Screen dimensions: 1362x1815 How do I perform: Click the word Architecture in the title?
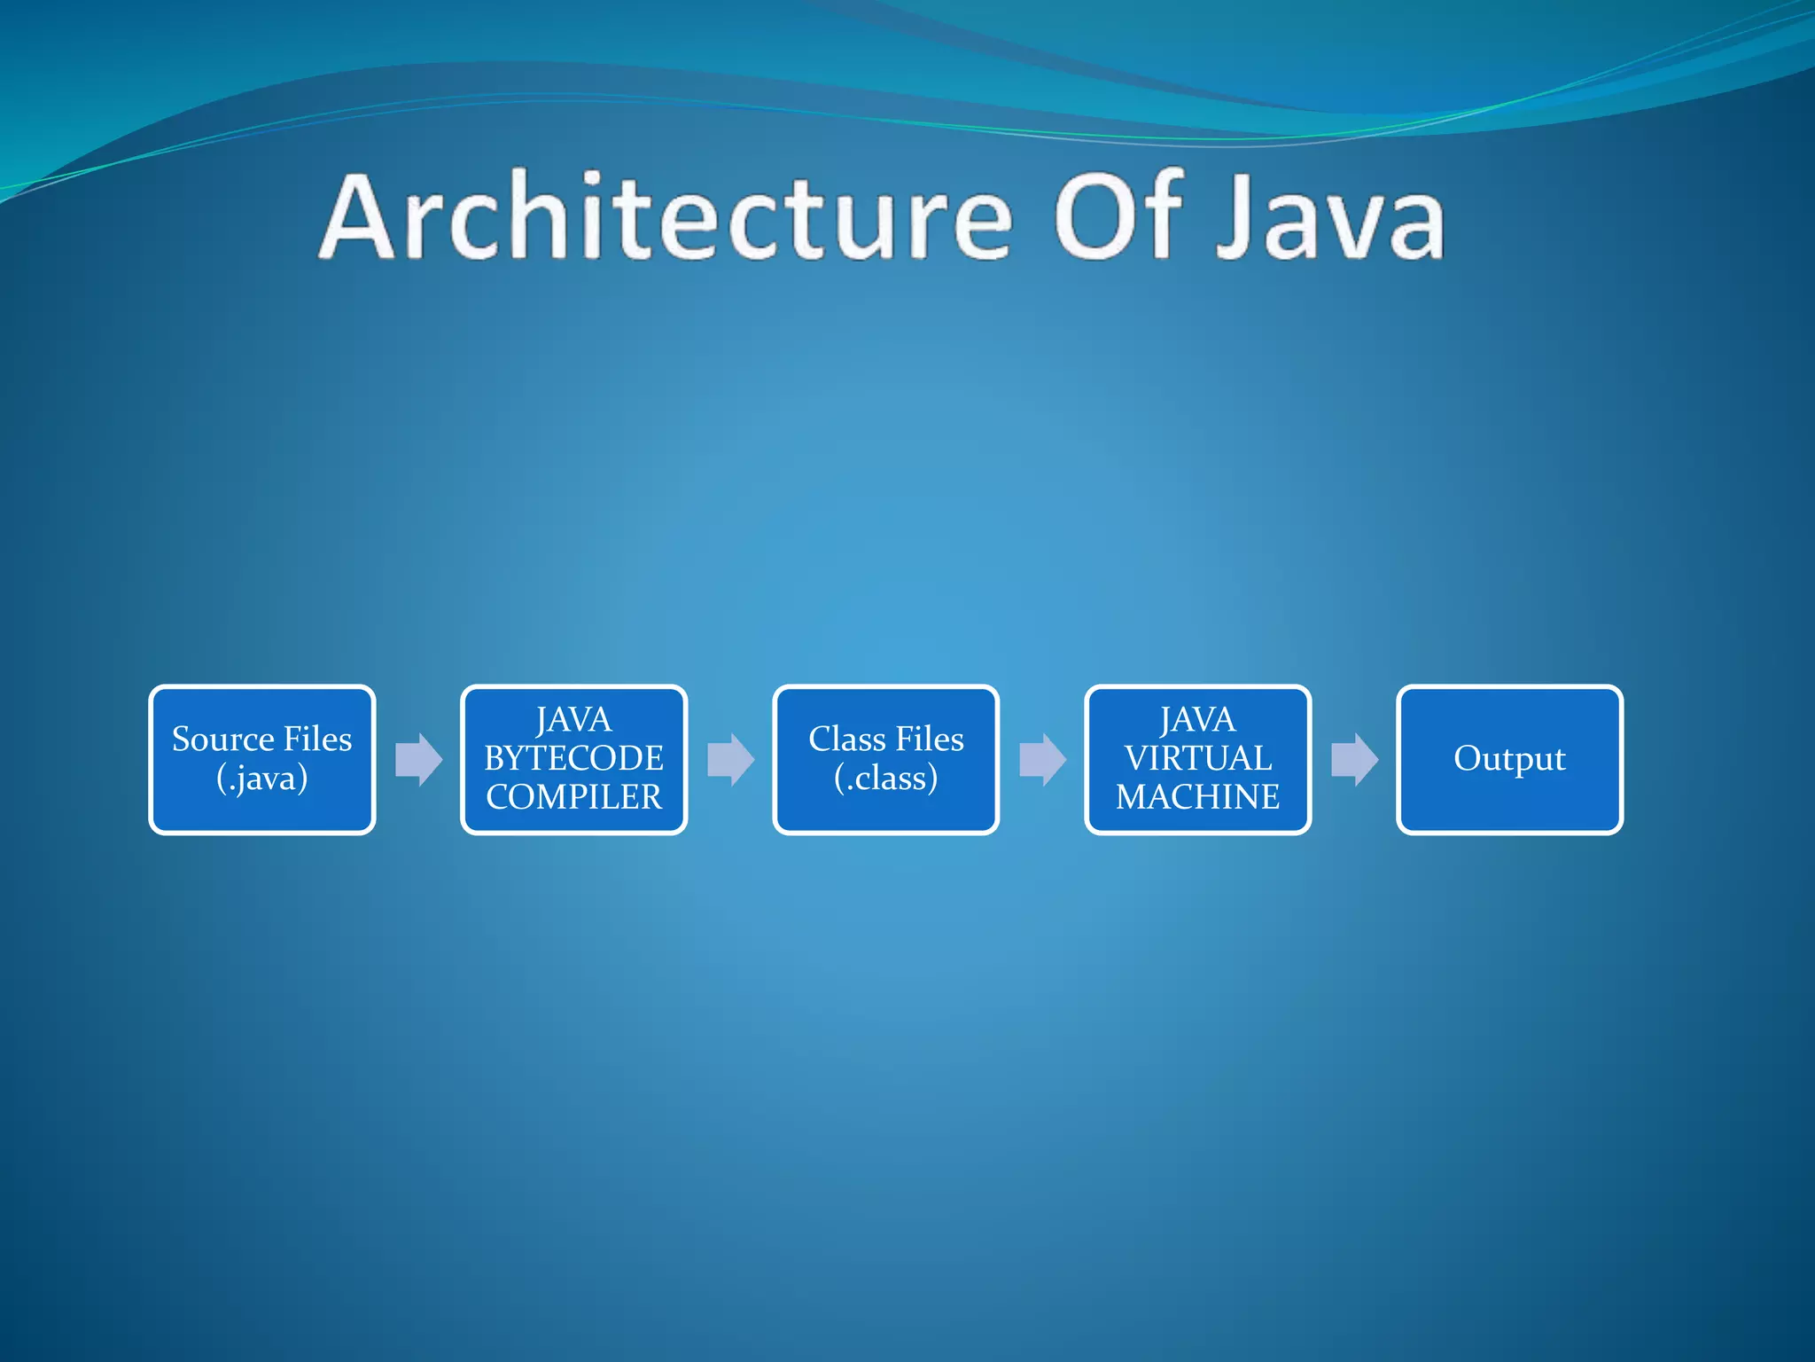pos(665,217)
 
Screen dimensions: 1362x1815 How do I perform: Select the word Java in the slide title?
pos(1329,217)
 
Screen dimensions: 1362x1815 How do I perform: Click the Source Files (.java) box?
pos(262,759)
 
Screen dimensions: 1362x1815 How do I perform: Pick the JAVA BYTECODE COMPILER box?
pos(574,759)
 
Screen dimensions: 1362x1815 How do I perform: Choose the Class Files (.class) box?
pos(886,759)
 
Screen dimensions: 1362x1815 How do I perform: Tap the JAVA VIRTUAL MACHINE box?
pos(1198,759)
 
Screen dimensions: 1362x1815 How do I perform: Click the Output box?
pos(1510,759)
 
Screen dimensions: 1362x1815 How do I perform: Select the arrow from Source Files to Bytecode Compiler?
pos(418,759)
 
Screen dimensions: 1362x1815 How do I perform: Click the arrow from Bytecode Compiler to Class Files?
pos(730,759)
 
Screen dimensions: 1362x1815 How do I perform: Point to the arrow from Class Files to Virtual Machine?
pos(1042,759)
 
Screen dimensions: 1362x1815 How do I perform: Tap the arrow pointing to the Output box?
pos(1354,759)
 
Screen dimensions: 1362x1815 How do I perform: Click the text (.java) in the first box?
pos(262,779)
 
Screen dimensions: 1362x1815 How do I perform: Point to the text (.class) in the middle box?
pos(886,779)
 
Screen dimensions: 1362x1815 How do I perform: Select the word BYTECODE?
pos(574,758)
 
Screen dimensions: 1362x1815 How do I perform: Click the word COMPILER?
pos(574,797)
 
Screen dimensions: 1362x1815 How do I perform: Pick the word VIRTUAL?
pos(1198,758)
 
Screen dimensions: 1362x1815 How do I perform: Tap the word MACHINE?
pos(1198,797)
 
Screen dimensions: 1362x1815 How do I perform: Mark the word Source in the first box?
pos(222,740)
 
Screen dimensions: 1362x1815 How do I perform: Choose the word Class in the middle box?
pos(847,740)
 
